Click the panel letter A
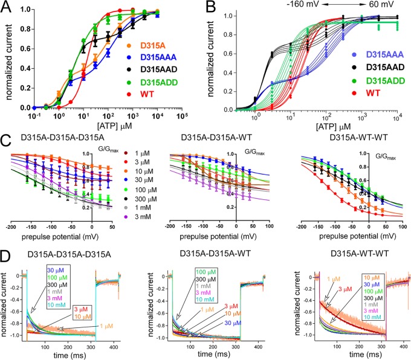[x=7, y=8]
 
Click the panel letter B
[x=216, y=8]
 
